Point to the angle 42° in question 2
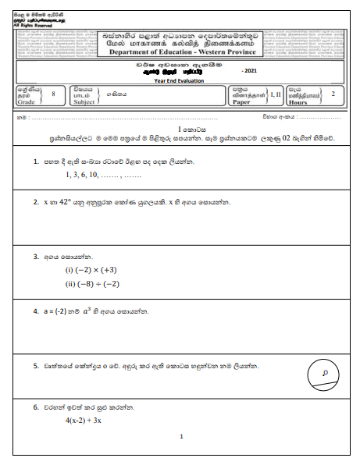point(73,202)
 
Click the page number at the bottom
point(180,437)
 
